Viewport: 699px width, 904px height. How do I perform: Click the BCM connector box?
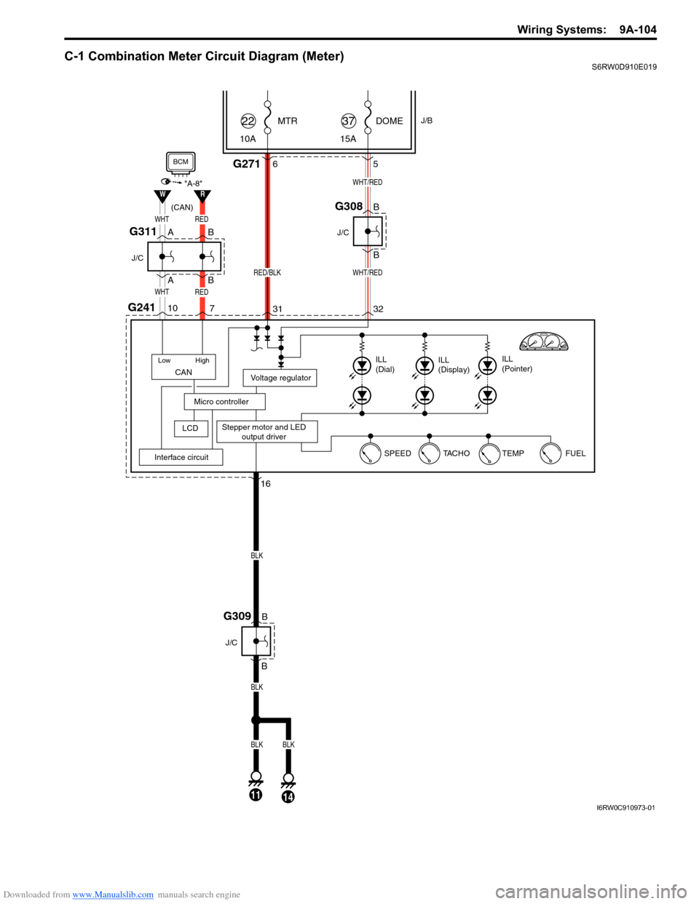pos(181,162)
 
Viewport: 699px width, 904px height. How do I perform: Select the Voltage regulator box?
pos(280,378)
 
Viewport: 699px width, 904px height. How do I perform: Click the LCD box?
pos(191,428)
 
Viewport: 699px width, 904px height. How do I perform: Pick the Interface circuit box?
pos(181,457)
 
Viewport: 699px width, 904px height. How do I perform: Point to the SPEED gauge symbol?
pos(370,453)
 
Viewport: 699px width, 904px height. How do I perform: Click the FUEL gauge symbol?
pos(551,453)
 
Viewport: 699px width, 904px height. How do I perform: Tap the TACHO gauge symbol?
pos(430,453)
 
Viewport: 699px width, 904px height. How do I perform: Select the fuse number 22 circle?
pos(248,121)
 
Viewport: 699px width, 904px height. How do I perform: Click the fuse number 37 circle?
pos(349,121)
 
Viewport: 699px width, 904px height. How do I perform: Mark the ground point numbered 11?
pos(256,794)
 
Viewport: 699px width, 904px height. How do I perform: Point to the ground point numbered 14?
pos(288,796)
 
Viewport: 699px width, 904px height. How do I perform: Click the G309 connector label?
pos(237,616)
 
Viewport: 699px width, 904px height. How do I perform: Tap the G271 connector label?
pos(246,164)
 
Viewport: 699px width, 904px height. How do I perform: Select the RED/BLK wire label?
pos(267,272)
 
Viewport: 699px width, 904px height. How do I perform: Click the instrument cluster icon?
pos(543,341)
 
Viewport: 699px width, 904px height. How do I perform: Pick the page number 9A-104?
pos(638,30)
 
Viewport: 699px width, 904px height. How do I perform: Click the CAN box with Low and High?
pos(183,367)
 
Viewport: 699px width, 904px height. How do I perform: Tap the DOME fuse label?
pos(389,121)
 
